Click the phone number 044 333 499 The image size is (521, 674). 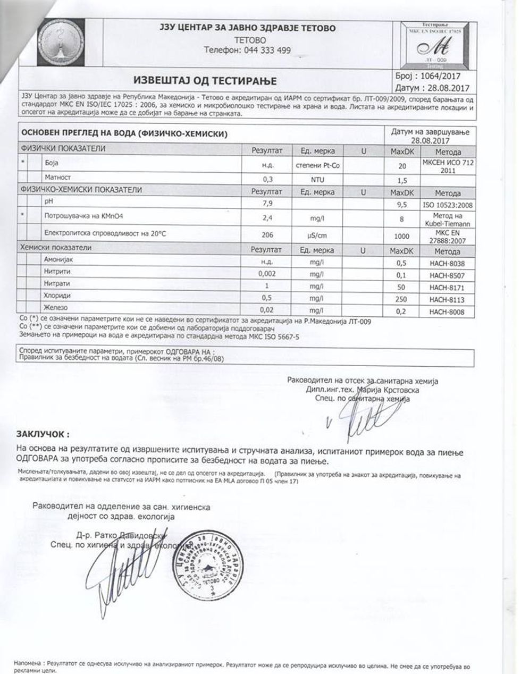coord(247,50)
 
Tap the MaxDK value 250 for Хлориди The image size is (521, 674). coord(401,300)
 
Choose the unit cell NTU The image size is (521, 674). coord(317,179)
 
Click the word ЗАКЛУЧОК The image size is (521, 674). coord(43,434)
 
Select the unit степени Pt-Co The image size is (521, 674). coord(317,165)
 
